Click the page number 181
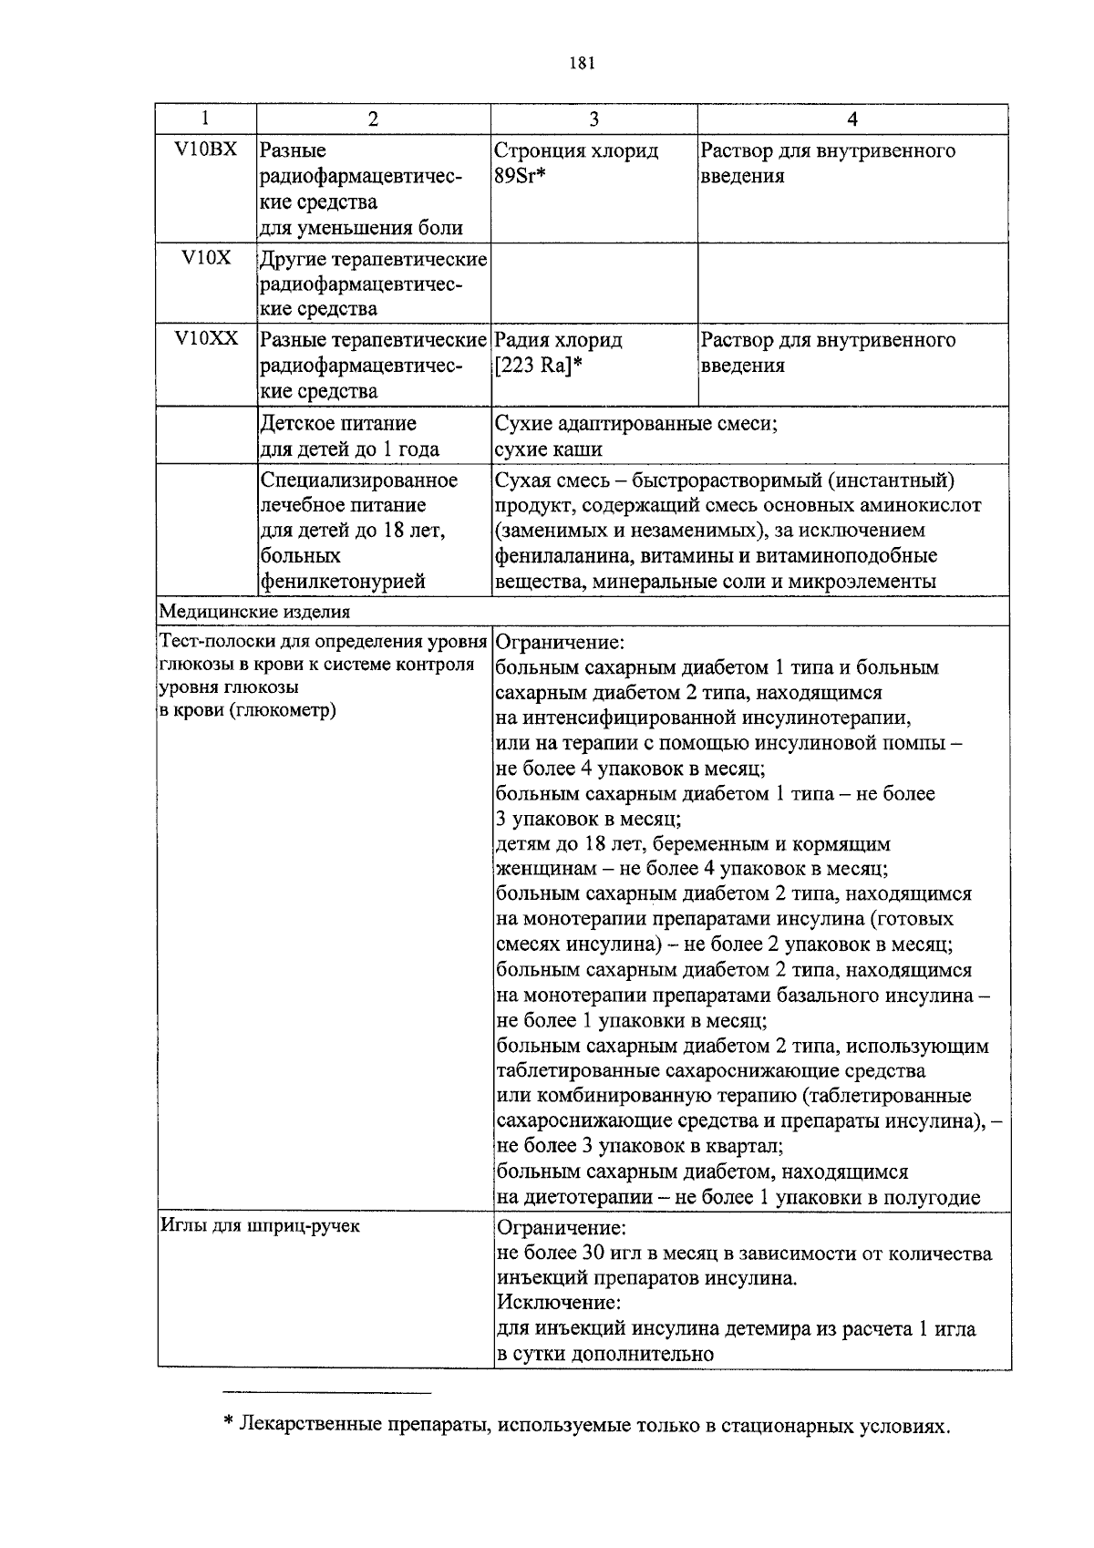point(581,63)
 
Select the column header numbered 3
point(593,119)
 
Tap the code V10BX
point(205,149)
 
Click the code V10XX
point(206,338)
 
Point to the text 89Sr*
point(519,176)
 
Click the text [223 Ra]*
point(538,366)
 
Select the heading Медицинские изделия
point(254,611)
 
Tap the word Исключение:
point(558,1303)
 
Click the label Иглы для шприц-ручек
point(260,1226)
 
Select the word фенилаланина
point(557,556)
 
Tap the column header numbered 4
point(852,119)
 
